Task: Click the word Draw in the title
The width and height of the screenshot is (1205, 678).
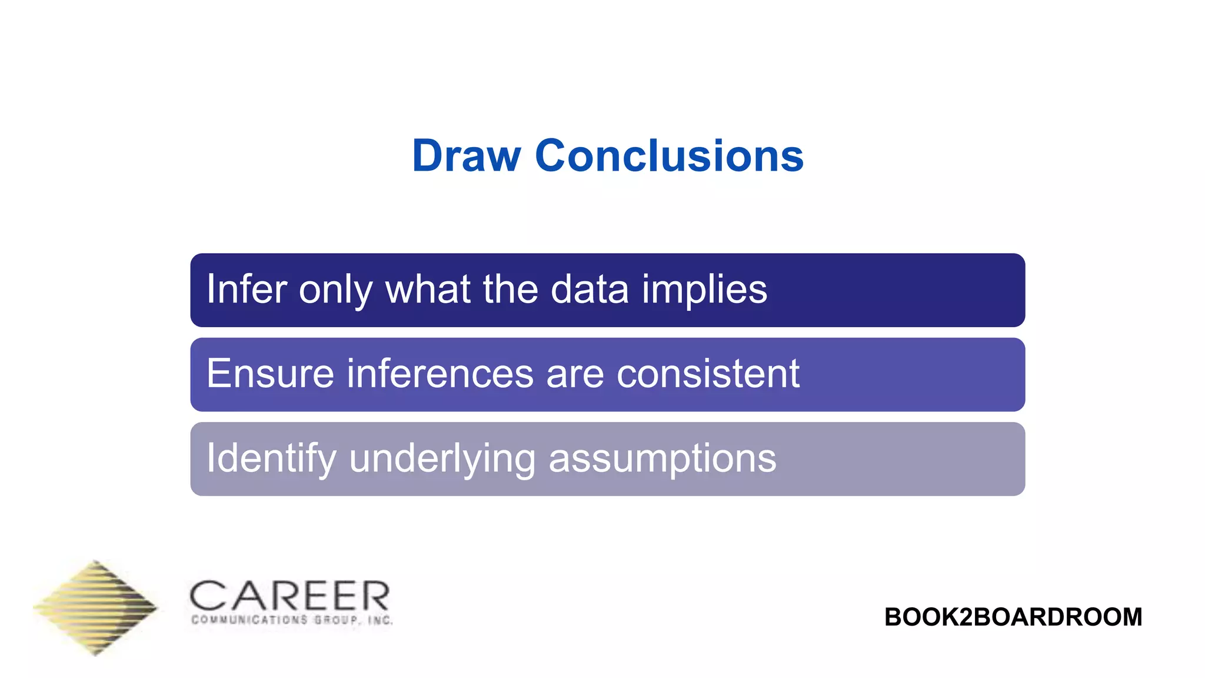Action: tap(466, 157)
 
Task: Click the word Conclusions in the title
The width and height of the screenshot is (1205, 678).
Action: tap(669, 157)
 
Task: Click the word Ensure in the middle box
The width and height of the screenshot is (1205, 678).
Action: tap(270, 374)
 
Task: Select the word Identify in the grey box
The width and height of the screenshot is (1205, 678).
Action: tap(271, 459)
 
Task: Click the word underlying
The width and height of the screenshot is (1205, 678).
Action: tap(442, 459)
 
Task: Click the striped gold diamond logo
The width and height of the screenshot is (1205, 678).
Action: tap(95, 607)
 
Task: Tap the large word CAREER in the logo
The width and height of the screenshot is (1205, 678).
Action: tap(289, 596)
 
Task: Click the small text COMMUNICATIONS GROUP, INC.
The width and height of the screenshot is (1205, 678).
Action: tap(292, 620)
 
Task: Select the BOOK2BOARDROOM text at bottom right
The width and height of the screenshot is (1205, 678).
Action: tap(1013, 617)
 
